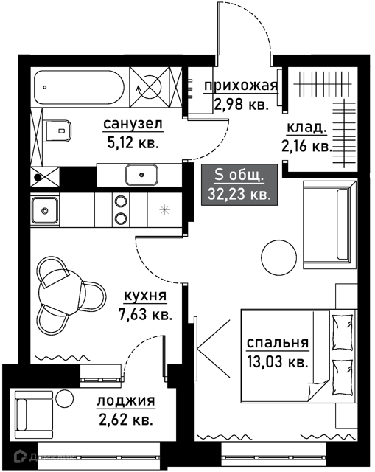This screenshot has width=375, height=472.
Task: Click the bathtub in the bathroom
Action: (80, 87)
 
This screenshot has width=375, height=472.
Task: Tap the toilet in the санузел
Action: (58, 131)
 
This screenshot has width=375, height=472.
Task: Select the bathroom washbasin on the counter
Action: (141, 175)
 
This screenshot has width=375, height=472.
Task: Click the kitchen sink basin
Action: (45, 210)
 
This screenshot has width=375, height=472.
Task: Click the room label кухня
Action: (145, 296)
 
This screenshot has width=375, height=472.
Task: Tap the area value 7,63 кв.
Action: (146, 315)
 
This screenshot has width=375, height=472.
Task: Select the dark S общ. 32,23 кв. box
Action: (239, 184)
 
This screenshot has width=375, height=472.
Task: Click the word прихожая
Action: (241, 86)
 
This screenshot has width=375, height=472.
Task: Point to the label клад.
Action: (306, 128)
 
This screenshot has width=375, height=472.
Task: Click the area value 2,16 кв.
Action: (306, 147)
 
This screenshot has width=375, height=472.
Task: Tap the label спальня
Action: (278, 342)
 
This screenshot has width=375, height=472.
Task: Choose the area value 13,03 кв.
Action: (278, 361)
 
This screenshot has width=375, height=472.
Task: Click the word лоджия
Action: (126, 400)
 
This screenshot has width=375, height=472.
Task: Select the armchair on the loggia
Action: (34, 414)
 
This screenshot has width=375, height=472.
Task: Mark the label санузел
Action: (133, 124)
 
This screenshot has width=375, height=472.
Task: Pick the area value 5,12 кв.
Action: (133, 142)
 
